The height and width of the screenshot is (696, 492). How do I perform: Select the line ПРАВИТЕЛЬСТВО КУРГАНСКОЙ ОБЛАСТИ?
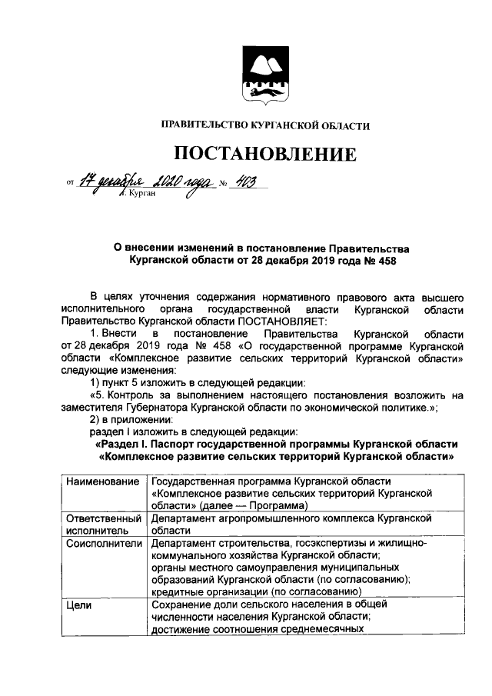(x=264, y=125)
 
